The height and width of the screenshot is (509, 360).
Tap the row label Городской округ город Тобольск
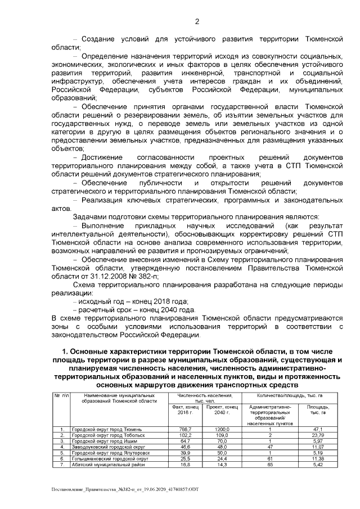[x=109, y=435]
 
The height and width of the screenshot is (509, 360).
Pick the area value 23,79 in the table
[x=317, y=435]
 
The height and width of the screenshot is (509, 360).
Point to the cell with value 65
[x=270, y=464]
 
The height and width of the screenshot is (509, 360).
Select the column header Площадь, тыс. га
[x=317, y=409]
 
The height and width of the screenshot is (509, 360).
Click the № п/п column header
[x=61, y=397]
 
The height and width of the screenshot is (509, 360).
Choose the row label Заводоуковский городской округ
[x=109, y=447]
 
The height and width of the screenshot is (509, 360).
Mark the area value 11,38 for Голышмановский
[x=317, y=458]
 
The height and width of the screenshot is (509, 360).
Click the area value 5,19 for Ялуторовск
[x=317, y=452]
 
